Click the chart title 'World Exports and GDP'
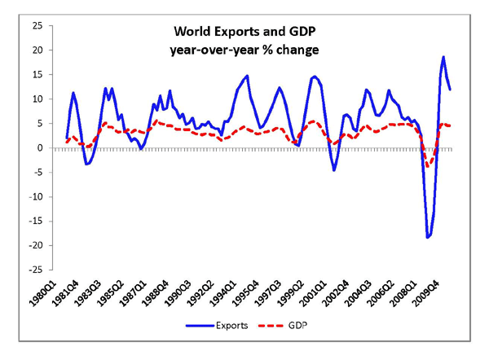pyautogui.click(x=244, y=33)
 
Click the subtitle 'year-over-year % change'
pyautogui.click(x=244, y=50)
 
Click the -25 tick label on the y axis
pyautogui.click(x=35, y=270)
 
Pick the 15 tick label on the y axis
pyautogui.click(x=37, y=75)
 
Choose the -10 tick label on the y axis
pyautogui.click(x=35, y=196)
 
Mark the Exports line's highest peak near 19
pyautogui.click(x=443, y=57)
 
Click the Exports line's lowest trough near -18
pyautogui.click(x=427, y=237)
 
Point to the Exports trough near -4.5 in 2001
pyautogui.click(x=334, y=170)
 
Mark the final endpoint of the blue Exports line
pyautogui.click(x=451, y=89)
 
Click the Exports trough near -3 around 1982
pyautogui.click(x=86, y=164)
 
